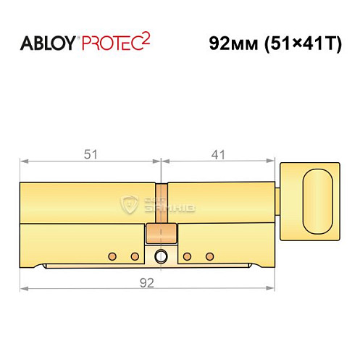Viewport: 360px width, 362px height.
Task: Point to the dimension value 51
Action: click(x=90, y=154)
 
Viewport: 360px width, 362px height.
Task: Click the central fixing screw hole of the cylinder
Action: click(x=161, y=256)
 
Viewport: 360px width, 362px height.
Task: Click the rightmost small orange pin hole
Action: click(x=210, y=256)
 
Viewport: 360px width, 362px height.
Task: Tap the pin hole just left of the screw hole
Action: click(x=134, y=256)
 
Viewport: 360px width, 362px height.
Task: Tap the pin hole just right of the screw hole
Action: click(x=187, y=256)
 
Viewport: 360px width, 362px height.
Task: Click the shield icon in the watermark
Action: click(x=131, y=203)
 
